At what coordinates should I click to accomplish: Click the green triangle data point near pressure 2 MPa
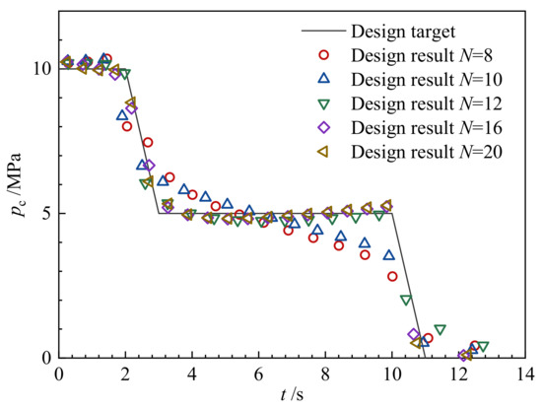pyautogui.click(x=406, y=301)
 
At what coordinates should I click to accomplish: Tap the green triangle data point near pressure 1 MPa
pyautogui.click(x=440, y=329)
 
